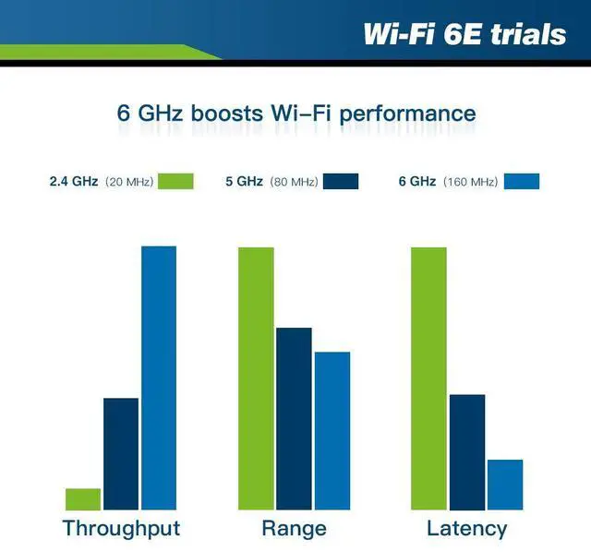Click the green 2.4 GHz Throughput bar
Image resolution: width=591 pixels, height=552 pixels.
click(83, 499)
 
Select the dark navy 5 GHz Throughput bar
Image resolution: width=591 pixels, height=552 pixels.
click(121, 454)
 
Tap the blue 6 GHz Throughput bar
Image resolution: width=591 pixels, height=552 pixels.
click(159, 378)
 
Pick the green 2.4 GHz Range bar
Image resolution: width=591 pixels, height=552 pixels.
click(256, 378)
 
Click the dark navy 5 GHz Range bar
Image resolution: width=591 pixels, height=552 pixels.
click(294, 419)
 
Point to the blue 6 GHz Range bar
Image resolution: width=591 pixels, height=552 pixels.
click(332, 431)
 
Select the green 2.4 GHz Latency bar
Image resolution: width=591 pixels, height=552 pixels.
click(428, 378)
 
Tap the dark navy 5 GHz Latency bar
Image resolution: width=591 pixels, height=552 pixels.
click(467, 452)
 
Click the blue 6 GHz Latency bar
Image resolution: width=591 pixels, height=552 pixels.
click(505, 485)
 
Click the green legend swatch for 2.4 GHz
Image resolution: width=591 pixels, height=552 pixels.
click(175, 181)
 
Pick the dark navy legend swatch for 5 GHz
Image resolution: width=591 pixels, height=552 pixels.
click(341, 181)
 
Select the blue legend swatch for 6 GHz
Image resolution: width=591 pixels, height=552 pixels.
click(522, 181)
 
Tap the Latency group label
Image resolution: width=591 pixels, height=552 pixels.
click(466, 529)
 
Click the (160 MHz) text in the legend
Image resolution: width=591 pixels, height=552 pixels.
click(470, 182)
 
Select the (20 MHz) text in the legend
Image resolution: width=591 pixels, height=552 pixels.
click(129, 182)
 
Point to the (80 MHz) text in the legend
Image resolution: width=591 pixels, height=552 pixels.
click(294, 182)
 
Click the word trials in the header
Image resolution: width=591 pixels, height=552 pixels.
click(528, 34)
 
